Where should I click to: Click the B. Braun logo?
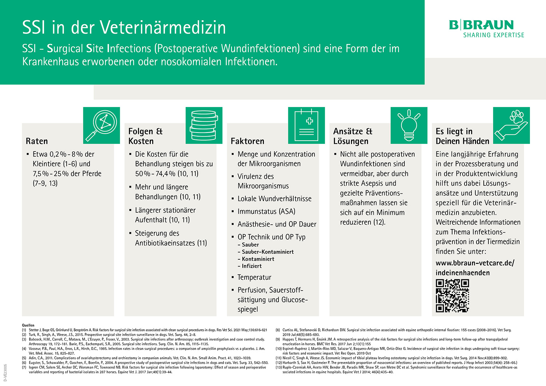pos(481,25)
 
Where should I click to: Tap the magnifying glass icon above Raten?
pos(102,125)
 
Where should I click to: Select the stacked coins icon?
pos(204,125)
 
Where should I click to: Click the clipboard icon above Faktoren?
pos(306,125)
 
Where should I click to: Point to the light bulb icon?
pos(409,125)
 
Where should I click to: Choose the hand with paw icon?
pos(511,125)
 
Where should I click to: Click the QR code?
pos(452,296)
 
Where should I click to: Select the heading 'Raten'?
pos(37,141)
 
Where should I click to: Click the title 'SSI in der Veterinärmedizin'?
pos(124,28)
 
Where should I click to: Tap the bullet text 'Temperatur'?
pos(254,277)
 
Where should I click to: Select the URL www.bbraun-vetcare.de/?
pos(475,263)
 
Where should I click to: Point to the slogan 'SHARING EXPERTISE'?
pos(494,35)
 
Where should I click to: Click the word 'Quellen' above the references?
pos(28,325)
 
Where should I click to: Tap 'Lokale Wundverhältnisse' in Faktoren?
pos(274,199)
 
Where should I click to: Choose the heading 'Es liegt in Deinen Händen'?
pos(462,136)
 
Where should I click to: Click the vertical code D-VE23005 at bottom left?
pos(5,372)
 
